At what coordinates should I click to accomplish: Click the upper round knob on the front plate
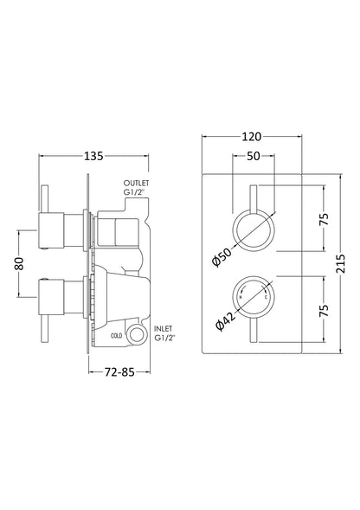[x=254, y=231]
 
